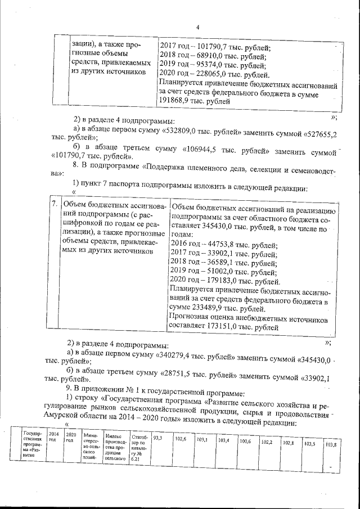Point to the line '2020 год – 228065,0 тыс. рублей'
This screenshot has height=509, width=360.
click(x=215, y=74)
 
